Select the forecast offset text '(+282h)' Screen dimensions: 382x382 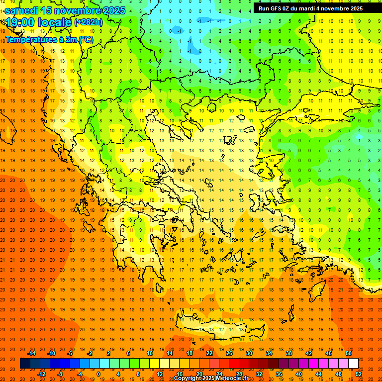[x=88, y=22]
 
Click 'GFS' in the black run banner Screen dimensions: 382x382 [x=277, y=8]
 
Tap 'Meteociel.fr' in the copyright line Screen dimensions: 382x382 [x=232, y=379]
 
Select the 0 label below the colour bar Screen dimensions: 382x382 [x=98, y=374]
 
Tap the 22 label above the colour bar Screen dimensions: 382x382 [x=209, y=353]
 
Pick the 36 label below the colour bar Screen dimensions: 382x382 [x=279, y=374]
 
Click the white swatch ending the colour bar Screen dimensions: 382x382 [x=353, y=364]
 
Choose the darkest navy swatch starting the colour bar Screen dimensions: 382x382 [x=25, y=364]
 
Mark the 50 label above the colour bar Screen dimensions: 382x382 [x=349, y=353]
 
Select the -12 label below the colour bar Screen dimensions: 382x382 [x=41, y=374]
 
